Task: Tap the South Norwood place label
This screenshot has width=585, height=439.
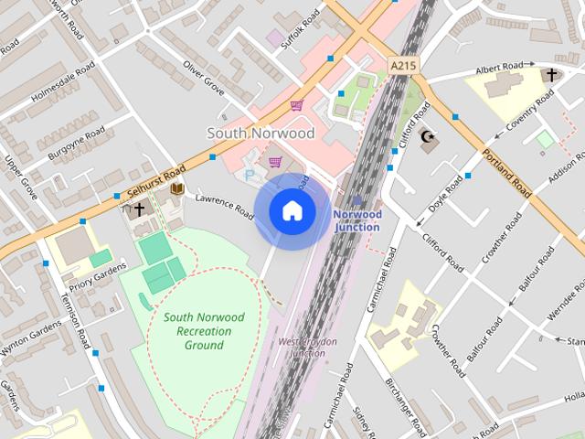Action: pyautogui.click(x=261, y=134)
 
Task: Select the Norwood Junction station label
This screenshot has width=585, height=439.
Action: pyautogui.click(x=356, y=220)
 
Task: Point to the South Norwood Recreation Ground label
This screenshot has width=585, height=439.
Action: pyautogui.click(x=204, y=330)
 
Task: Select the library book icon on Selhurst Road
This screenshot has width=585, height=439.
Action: pyautogui.click(x=177, y=188)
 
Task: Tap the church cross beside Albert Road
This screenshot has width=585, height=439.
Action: pyautogui.click(x=550, y=75)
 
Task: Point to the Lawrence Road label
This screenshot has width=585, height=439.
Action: pyautogui.click(x=224, y=204)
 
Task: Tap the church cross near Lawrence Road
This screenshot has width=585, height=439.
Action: pyautogui.click(x=139, y=209)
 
